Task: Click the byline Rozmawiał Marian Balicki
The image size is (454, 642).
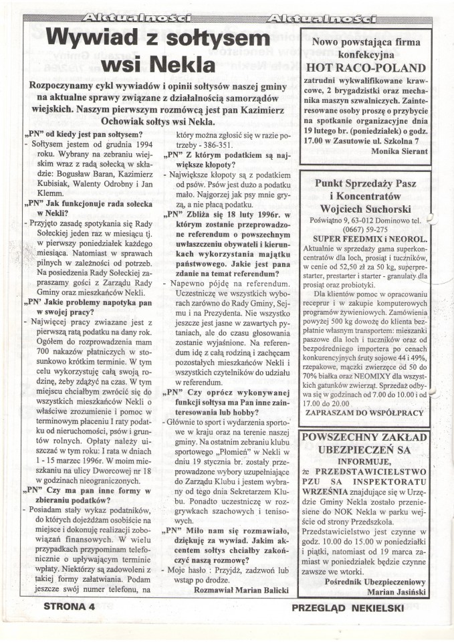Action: (242, 590)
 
